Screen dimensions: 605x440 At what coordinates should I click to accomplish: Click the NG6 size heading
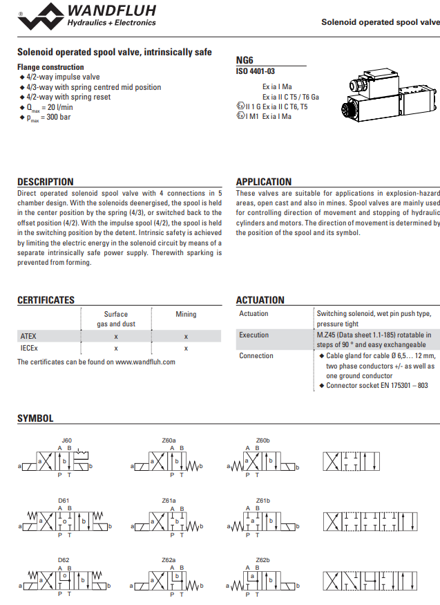pyautogui.click(x=244, y=60)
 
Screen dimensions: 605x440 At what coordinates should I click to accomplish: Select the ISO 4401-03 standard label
pyautogui.click(x=256, y=71)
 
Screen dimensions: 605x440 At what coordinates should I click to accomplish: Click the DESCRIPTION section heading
pyautogui.click(x=45, y=182)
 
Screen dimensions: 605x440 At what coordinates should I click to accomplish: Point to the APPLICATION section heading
pyautogui.click(x=264, y=182)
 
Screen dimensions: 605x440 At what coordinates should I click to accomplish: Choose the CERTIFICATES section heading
pyautogui.click(x=46, y=300)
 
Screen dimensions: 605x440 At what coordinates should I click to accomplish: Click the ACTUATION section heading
pyautogui.click(x=260, y=300)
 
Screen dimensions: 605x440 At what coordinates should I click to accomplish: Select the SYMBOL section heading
pyautogui.click(x=35, y=418)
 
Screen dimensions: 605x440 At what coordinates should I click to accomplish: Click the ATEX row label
pyautogui.click(x=28, y=336)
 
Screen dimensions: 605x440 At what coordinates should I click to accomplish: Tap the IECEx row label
pyautogui.click(x=29, y=348)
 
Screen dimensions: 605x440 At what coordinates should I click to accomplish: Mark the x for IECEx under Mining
pyautogui.click(x=186, y=348)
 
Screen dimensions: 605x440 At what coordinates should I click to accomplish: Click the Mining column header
pyautogui.click(x=186, y=314)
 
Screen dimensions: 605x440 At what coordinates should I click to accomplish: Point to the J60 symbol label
pyautogui.click(x=66, y=440)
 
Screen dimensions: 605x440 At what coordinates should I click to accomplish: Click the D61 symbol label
pyautogui.click(x=64, y=499)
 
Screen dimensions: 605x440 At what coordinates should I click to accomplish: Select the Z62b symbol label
pyautogui.click(x=262, y=559)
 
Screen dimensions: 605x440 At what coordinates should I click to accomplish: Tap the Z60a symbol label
pyautogui.click(x=169, y=440)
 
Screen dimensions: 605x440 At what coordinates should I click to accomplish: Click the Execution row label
pyautogui.click(x=254, y=335)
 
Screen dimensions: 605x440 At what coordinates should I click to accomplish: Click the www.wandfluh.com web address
pyautogui.click(x=145, y=362)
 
